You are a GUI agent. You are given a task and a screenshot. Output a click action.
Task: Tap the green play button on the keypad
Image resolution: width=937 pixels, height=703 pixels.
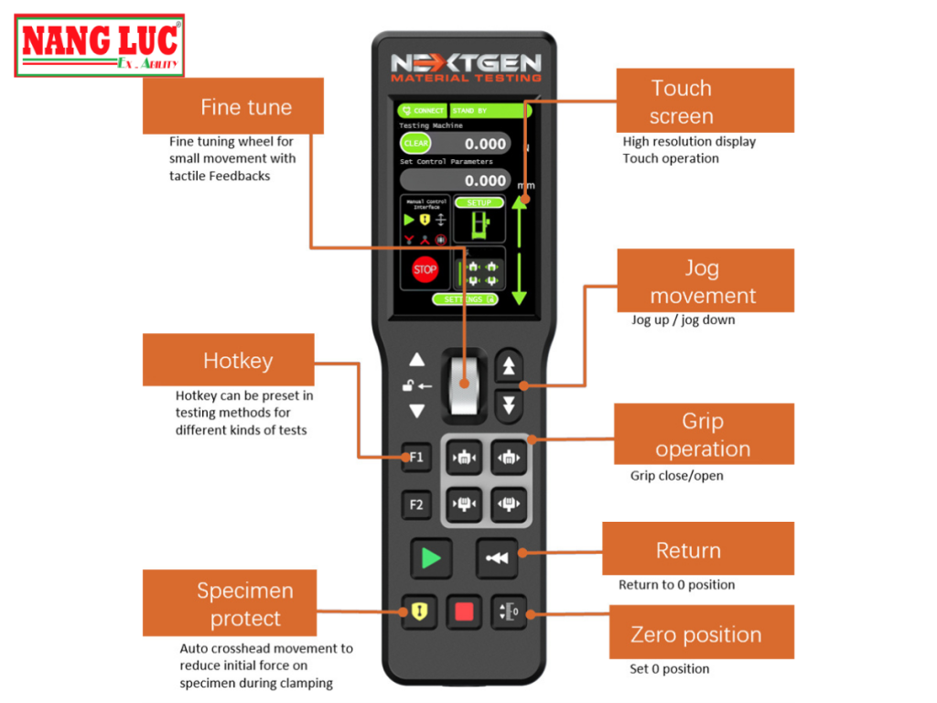(x=425, y=557)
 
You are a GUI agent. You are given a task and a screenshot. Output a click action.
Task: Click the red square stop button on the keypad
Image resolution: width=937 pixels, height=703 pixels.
(x=464, y=611)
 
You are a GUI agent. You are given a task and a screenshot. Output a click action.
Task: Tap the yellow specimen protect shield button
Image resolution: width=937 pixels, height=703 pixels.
(x=417, y=611)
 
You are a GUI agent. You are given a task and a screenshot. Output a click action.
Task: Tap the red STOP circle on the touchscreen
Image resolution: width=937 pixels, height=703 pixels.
(x=425, y=270)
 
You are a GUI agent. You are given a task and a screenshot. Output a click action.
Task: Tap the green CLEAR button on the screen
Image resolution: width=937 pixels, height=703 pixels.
(x=416, y=144)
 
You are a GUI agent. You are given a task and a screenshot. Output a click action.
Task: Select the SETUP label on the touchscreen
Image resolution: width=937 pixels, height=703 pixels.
(x=479, y=202)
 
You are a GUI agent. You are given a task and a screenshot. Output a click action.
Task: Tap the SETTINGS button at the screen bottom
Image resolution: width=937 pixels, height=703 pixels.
(x=467, y=299)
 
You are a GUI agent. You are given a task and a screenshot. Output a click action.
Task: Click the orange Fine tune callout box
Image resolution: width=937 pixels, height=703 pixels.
(x=233, y=106)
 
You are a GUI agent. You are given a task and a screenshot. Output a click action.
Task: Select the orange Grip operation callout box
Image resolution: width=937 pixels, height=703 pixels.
(x=703, y=434)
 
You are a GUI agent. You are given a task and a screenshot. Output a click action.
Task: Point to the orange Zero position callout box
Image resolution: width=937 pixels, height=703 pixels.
(x=695, y=633)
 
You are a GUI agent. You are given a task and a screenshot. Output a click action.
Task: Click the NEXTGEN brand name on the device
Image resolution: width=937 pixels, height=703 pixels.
(x=466, y=64)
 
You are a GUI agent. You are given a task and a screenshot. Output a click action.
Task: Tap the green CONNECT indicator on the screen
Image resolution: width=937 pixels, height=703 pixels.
(x=423, y=111)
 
